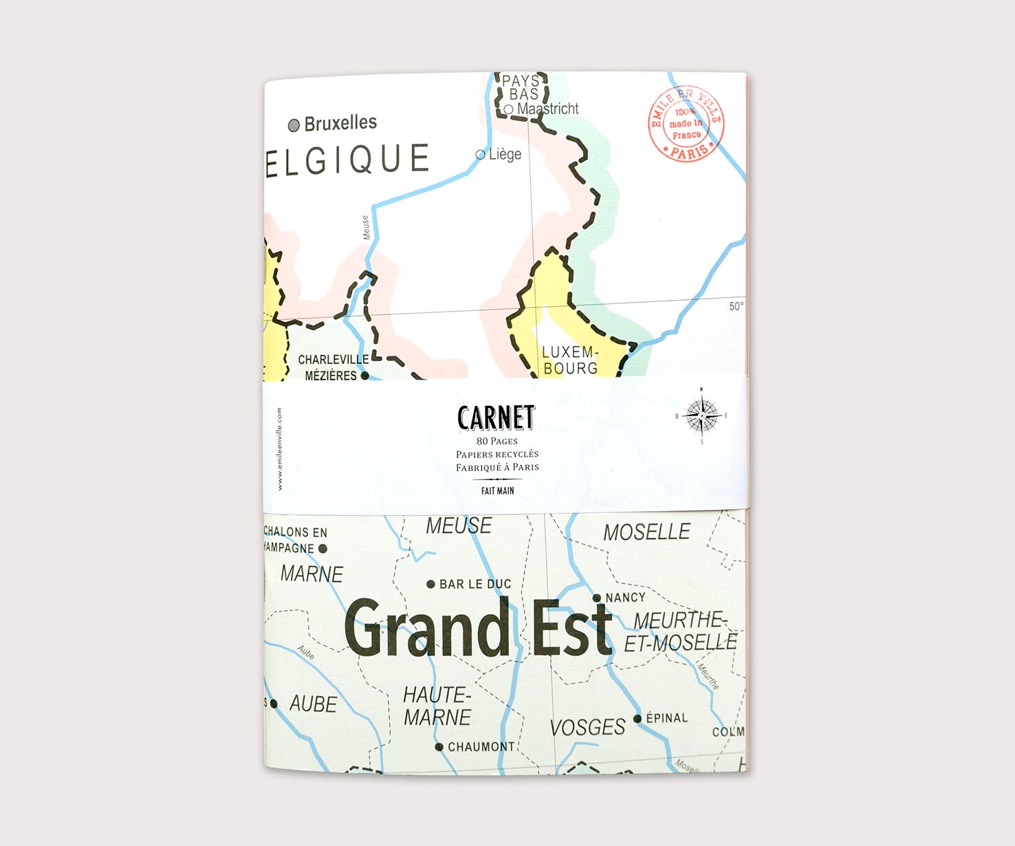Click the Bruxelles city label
pyautogui.click(x=340, y=123)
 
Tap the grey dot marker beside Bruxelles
pyautogui.click(x=294, y=125)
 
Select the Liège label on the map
pyautogui.click(x=505, y=154)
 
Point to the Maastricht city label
pyautogui.click(x=547, y=109)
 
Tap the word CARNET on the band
pyautogui.click(x=496, y=417)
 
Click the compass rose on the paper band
pyautogui.click(x=701, y=416)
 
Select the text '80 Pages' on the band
pyautogui.click(x=497, y=441)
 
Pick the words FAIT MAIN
pyautogui.click(x=497, y=490)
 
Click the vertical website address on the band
pyautogui.click(x=279, y=448)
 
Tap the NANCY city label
pyautogui.click(x=625, y=598)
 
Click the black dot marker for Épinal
pyautogui.click(x=637, y=719)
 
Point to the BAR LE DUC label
pyautogui.click(x=475, y=584)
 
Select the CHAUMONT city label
pyautogui.click(x=481, y=746)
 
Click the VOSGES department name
pyautogui.click(x=587, y=727)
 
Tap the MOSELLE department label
pyautogui.click(x=646, y=532)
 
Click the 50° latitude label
pyautogui.click(x=736, y=306)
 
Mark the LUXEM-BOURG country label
pyautogui.click(x=570, y=360)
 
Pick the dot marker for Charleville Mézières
pyautogui.click(x=365, y=376)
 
